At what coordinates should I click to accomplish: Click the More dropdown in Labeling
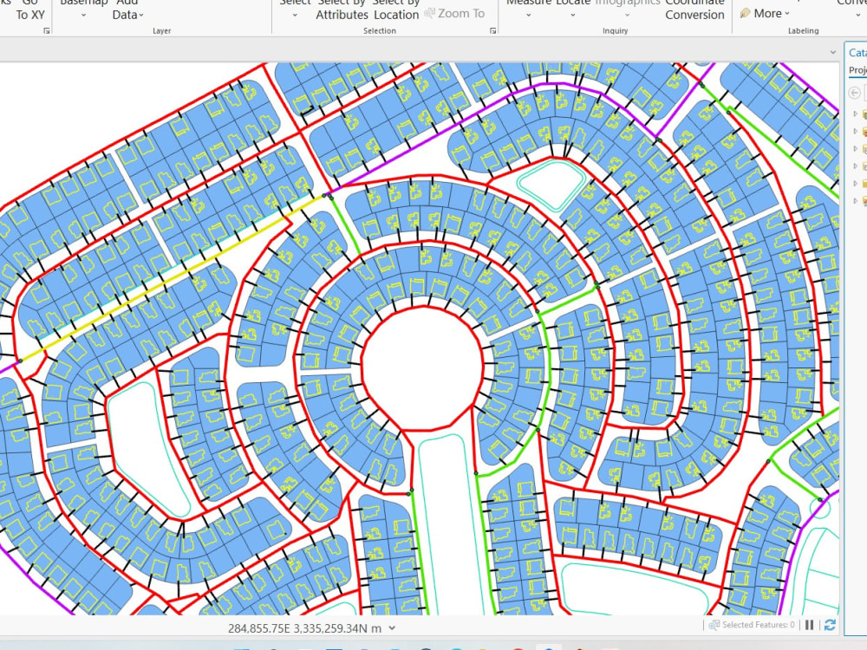point(766,13)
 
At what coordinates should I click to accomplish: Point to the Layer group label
point(161,31)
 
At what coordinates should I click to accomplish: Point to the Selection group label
point(379,31)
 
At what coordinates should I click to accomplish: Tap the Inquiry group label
point(615,31)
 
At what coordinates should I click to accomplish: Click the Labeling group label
point(803,31)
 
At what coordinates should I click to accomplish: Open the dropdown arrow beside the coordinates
point(393,628)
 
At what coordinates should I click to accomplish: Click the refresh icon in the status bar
point(831,625)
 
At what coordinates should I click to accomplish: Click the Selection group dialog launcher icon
point(493,31)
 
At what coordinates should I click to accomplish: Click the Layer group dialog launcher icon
point(47,31)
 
